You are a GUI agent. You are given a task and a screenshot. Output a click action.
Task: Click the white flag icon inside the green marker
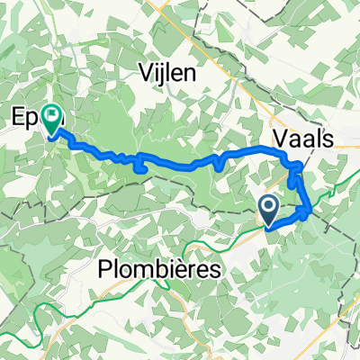pyautogui.click(x=53, y=115)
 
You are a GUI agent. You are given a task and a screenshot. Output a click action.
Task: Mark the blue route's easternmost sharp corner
pyautogui.click(x=310, y=213)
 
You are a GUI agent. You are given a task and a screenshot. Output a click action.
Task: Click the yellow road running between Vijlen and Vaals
pyautogui.click(x=236, y=99)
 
